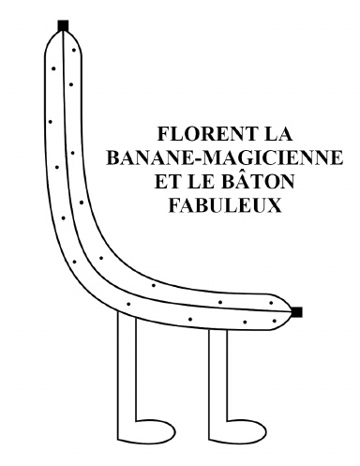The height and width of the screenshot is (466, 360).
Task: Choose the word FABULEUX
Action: coord(224,205)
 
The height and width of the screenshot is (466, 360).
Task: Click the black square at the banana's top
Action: coord(63,24)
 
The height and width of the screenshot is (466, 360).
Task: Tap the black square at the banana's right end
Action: coord(297,311)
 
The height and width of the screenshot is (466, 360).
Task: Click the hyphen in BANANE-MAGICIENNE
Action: coord(202,158)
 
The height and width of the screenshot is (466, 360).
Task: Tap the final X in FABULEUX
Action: coord(274,205)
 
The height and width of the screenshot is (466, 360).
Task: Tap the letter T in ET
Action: coord(172,181)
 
